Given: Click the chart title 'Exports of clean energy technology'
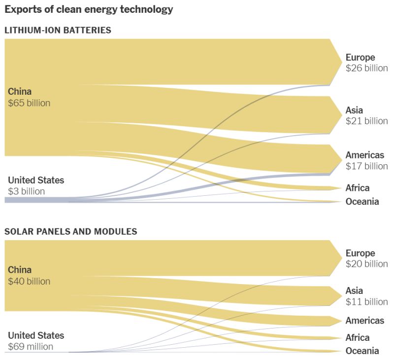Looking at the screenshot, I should [89, 9].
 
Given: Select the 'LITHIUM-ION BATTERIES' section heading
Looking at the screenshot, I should [58, 30].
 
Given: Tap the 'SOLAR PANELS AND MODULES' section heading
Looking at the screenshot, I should [70, 231].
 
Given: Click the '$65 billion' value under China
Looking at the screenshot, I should [29, 103].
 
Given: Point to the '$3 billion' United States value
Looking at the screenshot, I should [26, 191].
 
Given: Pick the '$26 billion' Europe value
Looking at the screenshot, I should [366, 68].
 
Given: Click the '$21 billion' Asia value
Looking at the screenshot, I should [366, 121].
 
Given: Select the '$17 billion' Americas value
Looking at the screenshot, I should [366, 166].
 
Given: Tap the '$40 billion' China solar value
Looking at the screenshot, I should [29, 281].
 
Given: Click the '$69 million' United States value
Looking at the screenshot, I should [31, 347].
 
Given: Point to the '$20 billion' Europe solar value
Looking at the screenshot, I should [366, 264].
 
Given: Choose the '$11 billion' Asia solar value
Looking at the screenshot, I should [366, 301].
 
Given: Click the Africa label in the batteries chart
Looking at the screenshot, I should [357, 188].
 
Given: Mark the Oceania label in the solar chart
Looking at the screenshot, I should [362, 351].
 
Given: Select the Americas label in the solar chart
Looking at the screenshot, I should [364, 321].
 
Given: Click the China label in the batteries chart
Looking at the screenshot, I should [20, 91].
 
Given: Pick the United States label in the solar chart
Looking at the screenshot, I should [36, 335].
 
